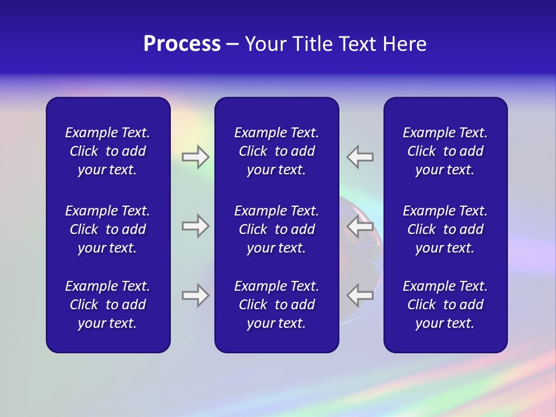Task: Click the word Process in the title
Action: (182, 44)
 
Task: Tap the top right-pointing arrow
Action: (195, 157)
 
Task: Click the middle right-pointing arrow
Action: (195, 226)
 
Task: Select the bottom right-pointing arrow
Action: (195, 295)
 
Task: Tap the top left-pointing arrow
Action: (360, 157)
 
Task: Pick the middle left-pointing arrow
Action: (360, 226)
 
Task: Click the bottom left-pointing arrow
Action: (360, 295)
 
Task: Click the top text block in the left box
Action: (108, 151)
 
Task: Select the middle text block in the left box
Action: (108, 229)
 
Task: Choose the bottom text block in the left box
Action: (108, 305)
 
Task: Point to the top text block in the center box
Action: (276, 151)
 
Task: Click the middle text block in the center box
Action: (276, 229)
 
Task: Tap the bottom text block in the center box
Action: (276, 305)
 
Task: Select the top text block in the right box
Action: (445, 151)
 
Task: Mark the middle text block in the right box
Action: (445, 229)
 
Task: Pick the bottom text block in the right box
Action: (445, 305)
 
